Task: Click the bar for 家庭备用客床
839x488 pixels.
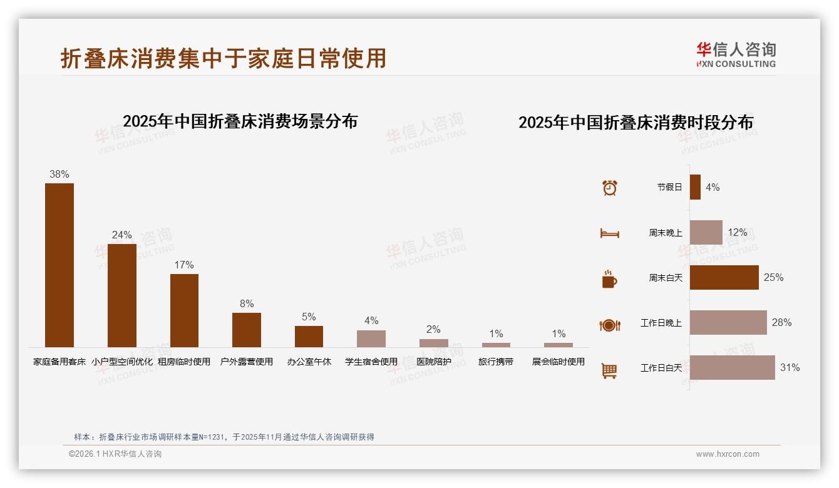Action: [59, 265]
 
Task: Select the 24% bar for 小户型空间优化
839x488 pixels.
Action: [122, 295]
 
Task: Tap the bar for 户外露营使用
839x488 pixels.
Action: [247, 330]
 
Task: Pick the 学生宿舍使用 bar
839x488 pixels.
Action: [371, 338]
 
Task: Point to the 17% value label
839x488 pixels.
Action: [184, 265]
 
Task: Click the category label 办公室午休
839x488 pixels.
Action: [309, 362]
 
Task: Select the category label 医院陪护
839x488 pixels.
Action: [433, 362]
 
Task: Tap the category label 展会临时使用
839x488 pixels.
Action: [558, 362]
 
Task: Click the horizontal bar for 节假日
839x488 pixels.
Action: [695, 187]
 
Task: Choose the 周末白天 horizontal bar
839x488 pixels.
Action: [724, 277]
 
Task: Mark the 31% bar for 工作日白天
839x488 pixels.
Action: [732, 368]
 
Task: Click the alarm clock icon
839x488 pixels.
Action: [610, 188]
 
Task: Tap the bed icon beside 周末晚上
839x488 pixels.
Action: [610, 233]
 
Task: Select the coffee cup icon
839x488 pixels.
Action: [609, 279]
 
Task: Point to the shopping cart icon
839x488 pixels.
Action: [609, 370]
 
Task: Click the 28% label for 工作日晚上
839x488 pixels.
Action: [781, 323]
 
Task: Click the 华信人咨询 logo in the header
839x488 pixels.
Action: [736, 54]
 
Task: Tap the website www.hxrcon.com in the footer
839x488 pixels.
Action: [728, 454]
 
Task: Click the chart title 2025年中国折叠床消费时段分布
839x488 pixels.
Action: [636, 123]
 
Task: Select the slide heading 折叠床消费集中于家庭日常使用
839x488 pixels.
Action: [224, 58]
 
